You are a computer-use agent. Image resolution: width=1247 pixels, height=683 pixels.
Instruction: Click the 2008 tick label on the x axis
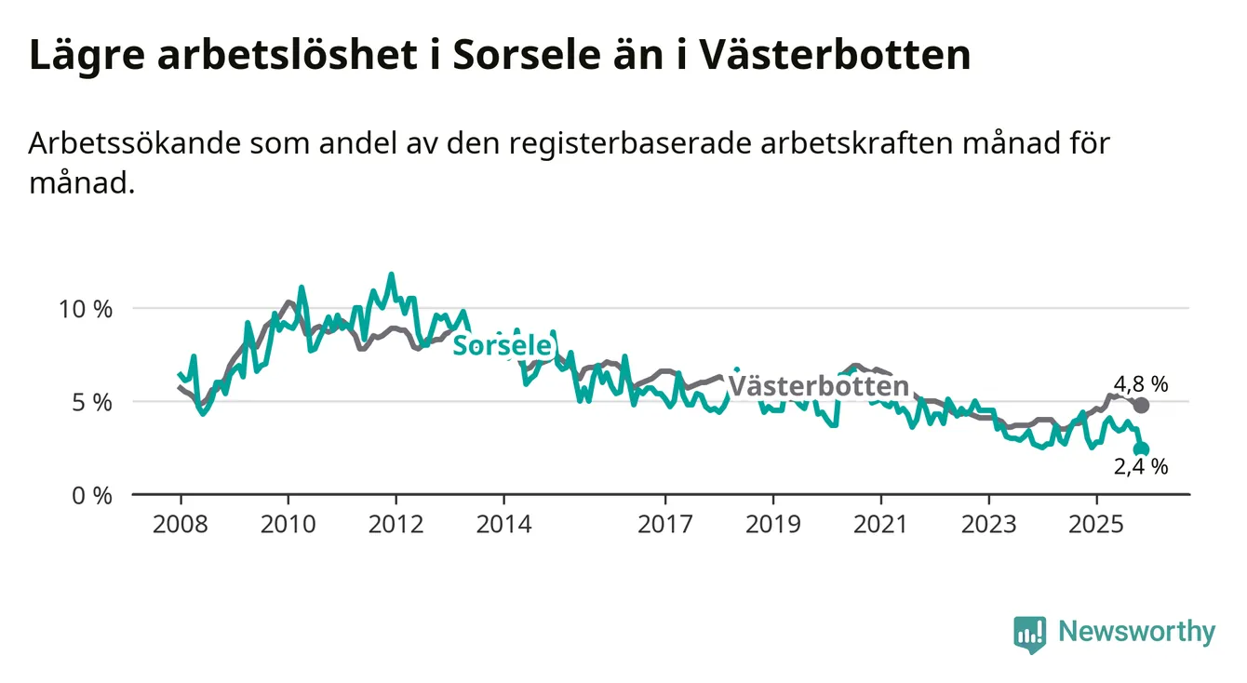tap(180, 525)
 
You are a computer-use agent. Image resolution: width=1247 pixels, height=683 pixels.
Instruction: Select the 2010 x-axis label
tap(288, 525)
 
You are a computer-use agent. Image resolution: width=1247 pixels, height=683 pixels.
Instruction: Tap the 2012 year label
tap(396, 525)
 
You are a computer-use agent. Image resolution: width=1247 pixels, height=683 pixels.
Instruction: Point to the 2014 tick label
tap(503, 525)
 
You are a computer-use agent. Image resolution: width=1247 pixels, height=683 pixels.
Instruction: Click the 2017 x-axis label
tap(664, 525)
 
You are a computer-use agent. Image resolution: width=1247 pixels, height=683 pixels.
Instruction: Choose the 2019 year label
tap(772, 525)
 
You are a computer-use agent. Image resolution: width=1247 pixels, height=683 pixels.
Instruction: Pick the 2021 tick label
tap(880, 525)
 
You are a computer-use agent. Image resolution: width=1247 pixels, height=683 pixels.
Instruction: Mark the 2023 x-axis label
tap(988, 525)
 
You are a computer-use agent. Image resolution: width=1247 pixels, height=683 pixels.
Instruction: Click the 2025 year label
tap(1096, 525)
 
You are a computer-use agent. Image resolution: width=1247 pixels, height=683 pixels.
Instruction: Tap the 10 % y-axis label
tap(86, 309)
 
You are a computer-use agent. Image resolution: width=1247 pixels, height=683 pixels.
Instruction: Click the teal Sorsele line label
tap(502, 346)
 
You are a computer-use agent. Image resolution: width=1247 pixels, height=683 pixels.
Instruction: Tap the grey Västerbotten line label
tap(818, 386)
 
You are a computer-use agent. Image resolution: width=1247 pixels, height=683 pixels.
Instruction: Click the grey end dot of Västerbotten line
tap(1142, 405)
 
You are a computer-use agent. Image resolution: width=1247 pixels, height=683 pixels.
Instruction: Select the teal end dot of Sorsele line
tap(1142, 449)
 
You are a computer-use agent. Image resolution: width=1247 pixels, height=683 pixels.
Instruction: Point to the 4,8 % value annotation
tap(1140, 383)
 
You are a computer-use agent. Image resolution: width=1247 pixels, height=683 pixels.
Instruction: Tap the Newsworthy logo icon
tap(1029, 634)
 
